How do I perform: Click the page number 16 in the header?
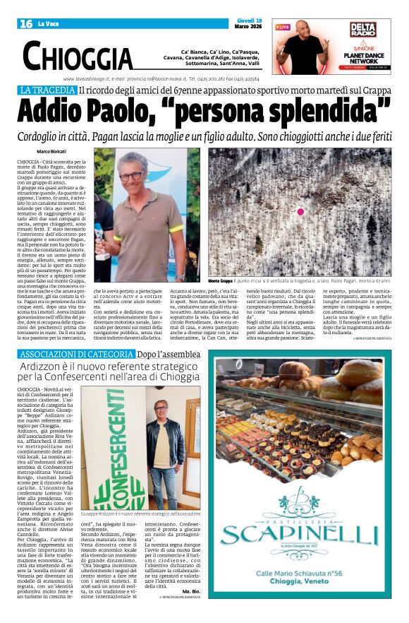[26, 24]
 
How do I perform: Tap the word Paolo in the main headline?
[123, 111]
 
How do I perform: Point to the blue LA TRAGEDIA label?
[47, 90]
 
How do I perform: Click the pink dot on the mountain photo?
[300, 211]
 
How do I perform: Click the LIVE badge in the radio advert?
[283, 27]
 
